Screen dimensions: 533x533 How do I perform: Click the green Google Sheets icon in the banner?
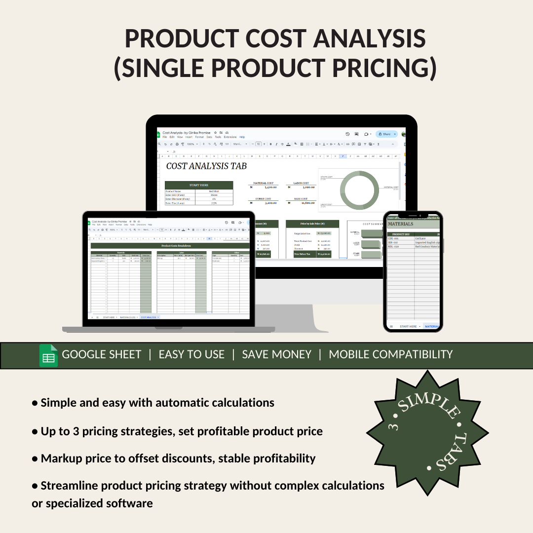48,356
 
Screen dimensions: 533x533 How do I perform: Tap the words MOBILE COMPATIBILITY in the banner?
390,354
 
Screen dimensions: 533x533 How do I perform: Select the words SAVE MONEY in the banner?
276,354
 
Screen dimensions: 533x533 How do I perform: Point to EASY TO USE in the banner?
191,354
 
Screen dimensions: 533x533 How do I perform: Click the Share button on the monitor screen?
385,134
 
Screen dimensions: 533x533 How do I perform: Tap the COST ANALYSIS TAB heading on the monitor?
206,166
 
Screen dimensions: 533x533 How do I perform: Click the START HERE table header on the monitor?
198,185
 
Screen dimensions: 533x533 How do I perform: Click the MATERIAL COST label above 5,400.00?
263,183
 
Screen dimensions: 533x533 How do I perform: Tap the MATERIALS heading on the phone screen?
401,224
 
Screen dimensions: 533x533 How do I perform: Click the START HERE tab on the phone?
409,326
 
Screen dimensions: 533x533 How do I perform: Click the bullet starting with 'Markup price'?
174,458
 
